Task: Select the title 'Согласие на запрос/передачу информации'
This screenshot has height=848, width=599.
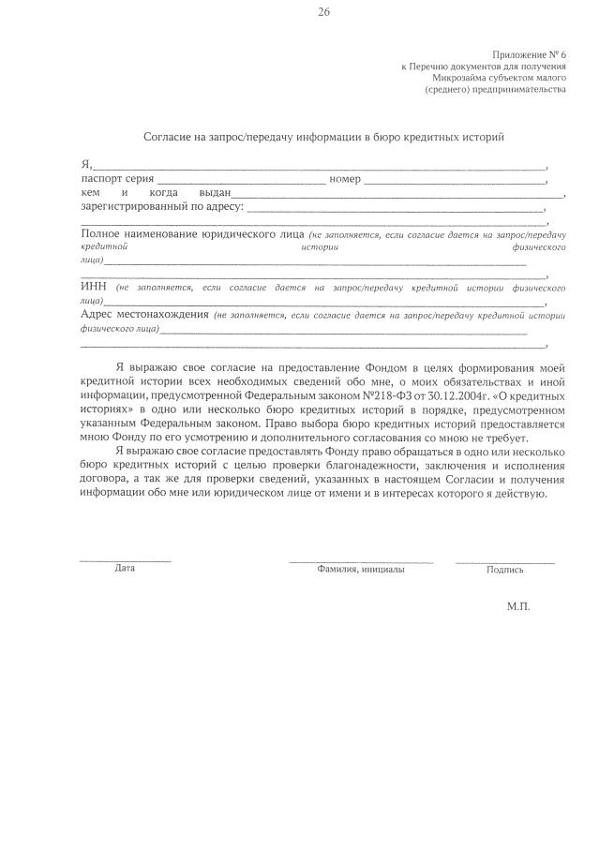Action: pos(323,137)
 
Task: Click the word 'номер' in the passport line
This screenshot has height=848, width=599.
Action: pos(345,178)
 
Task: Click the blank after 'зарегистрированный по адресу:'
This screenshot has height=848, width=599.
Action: pos(394,209)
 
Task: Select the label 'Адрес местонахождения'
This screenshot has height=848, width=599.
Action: pos(144,315)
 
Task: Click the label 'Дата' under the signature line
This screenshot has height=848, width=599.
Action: pos(125,568)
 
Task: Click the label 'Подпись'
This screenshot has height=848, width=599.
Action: pos(505,569)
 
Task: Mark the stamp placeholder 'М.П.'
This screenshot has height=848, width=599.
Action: pos(518,607)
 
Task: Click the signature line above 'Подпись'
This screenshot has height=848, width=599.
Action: pos(504,560)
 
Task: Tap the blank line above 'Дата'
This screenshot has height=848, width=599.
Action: pos(125,560)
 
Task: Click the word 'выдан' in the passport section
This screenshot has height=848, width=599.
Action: pos(202,192)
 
